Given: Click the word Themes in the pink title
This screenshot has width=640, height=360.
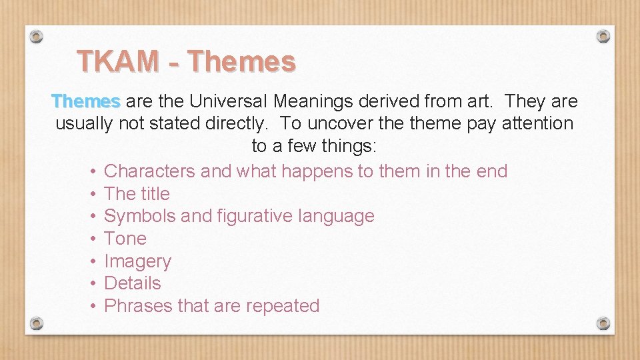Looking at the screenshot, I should pos(241,61).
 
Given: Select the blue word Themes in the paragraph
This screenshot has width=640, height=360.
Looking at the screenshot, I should pos(86,101).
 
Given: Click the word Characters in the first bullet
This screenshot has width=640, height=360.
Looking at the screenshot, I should pos(150,171).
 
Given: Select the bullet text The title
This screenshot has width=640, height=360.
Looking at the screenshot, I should pos(137,194).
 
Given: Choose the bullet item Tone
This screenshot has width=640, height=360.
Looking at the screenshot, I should pos(125,239).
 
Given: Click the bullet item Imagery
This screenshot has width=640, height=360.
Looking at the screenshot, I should pos(138,261).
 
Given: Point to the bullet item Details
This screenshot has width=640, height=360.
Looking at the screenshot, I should pos(133,283).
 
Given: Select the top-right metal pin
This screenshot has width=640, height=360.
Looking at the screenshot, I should pos(603,35).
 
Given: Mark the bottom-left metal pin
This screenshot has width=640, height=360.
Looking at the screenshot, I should pos(37,323).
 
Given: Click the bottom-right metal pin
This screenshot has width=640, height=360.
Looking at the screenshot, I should pos(603,323).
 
